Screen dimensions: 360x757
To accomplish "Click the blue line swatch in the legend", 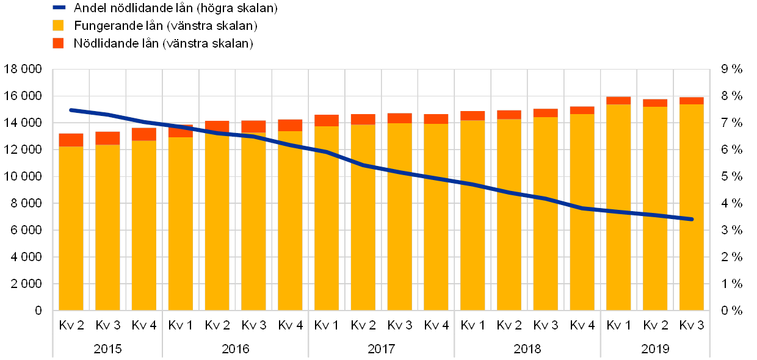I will click(x=59, y=8).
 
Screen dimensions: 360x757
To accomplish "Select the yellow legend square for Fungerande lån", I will click(x=59, y=26).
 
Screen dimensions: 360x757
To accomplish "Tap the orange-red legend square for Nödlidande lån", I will click(x=59, y=43).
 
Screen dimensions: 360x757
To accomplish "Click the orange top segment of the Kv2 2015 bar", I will click(x=71, y=140).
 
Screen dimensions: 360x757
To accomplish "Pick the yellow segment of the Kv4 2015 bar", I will click(x=144, y=226).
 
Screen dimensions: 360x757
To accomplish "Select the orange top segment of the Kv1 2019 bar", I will click(x=618, y=100).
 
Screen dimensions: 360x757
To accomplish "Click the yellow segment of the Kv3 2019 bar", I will click(x=692, y=207).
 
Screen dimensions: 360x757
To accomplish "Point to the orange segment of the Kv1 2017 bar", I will click(x=327, y=120).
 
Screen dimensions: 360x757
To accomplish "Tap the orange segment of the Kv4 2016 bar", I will click(x=290, y=125).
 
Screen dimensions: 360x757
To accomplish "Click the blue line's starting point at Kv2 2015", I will click(x=71, y=110).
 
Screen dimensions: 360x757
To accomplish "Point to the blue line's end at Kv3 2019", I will click(x=692, y=219).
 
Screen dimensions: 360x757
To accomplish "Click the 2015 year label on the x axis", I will click(x=107, y=350).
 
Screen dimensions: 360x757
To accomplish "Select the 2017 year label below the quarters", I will click(x=382, y=350).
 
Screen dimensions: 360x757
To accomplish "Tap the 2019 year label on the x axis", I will click(x=655, y=350).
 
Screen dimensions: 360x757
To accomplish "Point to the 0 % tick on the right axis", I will click(x=731, y=311).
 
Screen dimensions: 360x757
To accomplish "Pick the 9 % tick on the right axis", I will click(x=731, y=70).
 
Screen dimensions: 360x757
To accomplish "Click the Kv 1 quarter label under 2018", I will click(x=473, y=325).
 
